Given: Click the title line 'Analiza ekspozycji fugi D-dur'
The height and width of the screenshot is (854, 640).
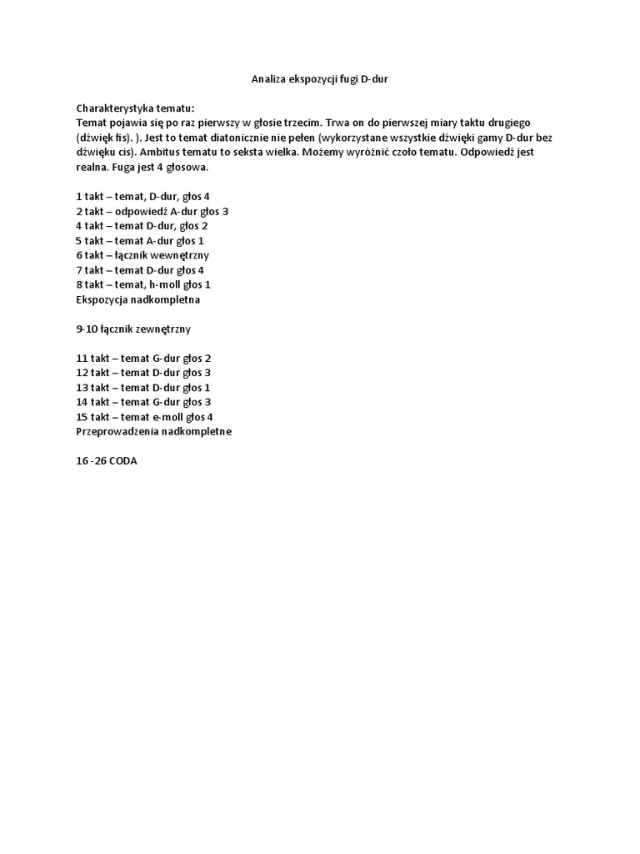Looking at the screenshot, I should coord(320,79).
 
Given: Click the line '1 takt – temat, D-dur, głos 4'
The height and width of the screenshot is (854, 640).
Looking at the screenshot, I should coord(142,196).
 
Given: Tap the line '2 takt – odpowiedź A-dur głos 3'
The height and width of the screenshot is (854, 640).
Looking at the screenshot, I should coord(152,211).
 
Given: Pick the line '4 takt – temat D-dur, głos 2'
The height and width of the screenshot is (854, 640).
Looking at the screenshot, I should coord(142,225).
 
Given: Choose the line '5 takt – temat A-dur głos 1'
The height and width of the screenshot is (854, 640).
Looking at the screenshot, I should coord(140,240).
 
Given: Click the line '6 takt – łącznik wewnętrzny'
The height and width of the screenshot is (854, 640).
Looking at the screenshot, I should coord(142,254).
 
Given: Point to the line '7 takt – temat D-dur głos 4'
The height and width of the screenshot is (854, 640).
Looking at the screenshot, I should coord(140,269).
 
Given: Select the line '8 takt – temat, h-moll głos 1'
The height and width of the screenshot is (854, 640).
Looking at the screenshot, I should coord(142,284).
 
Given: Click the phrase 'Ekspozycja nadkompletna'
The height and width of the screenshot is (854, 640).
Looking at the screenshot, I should coord(138,299).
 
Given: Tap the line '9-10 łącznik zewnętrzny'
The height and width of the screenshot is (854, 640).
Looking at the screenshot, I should coord(133,329).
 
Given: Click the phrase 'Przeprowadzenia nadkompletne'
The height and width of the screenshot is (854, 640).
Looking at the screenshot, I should coord(153,431).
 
